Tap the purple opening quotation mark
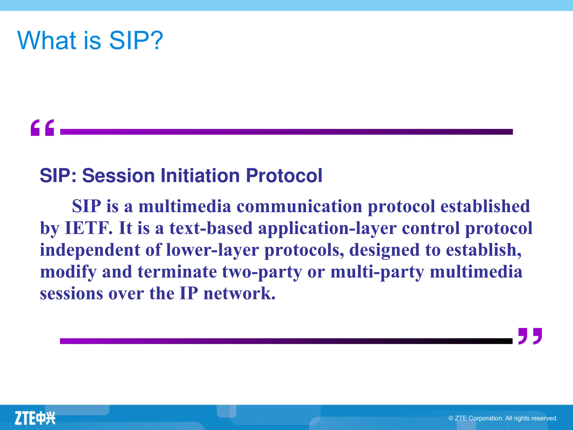tap(42, 128)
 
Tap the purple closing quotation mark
tap(530, 336)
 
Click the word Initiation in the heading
tap(200, 176)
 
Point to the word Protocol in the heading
tap(284, 176)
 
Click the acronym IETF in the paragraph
tap(89, 228)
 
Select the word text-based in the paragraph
tap(211, 228)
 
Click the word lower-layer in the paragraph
tap(212, 250)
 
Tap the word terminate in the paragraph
tap(177, 272)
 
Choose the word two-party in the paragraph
tap(262, 272)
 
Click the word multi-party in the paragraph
tap(377, 272)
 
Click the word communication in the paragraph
tap(299, 207)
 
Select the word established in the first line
tap(485, 207)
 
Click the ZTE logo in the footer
tap(35, 418)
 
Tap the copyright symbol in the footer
tap(451, 418)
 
